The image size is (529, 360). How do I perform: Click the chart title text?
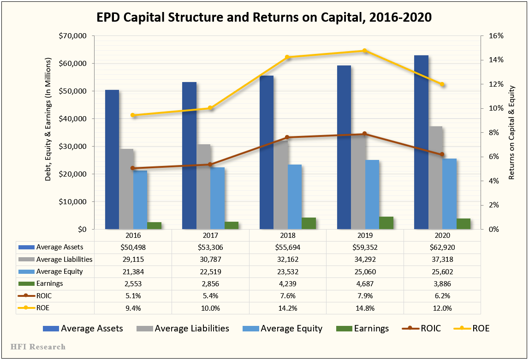tap(264, 18)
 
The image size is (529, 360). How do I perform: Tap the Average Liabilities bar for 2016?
tap(126, 189)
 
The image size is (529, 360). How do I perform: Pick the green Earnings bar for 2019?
tap(386, 223)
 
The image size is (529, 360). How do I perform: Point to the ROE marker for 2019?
tap(364, 51)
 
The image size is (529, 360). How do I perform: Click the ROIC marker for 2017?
tap(210, 164)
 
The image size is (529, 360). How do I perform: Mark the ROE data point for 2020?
tap(442, 84)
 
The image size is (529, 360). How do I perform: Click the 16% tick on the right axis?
tap(490, 36)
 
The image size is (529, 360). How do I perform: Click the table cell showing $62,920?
tap(442, 248)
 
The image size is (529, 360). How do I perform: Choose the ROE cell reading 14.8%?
tap(365, 308)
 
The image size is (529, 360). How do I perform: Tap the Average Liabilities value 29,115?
tap(133, 260)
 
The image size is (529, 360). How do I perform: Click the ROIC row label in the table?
tap(44, 296)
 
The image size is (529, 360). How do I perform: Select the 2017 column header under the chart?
tap(210, 235)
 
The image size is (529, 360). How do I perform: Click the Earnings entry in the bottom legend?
tap(371, 329)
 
